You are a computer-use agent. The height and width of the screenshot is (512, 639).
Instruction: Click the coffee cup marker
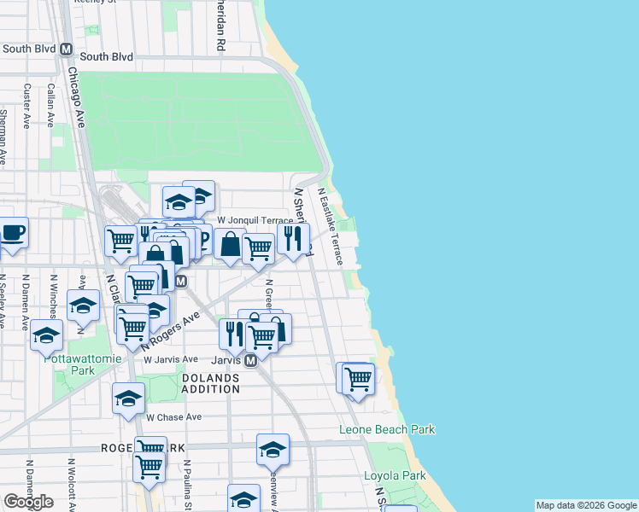point(12,234)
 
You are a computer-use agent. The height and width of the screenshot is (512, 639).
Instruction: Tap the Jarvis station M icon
point(251,361)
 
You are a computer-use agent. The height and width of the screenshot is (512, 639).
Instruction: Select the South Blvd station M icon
point(67,49)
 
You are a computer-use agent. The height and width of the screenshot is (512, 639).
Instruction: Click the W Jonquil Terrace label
point(254,220)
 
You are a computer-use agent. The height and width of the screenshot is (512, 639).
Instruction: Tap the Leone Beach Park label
point(387,429)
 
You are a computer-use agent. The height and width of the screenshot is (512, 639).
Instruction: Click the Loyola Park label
point(396,476)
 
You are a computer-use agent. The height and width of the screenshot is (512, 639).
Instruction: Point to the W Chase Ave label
point(173,417)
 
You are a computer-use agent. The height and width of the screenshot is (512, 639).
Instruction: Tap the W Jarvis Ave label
point(171,360)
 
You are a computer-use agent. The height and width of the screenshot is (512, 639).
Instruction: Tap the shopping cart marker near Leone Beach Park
point(358,377)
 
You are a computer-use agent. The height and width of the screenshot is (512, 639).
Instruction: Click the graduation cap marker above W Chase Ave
point(128,398)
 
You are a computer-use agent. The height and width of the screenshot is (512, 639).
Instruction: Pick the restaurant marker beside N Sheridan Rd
point(292,239)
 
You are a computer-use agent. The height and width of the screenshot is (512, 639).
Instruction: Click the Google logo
point(28,502)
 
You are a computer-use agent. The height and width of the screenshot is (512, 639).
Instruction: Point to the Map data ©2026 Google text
point(585,505)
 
